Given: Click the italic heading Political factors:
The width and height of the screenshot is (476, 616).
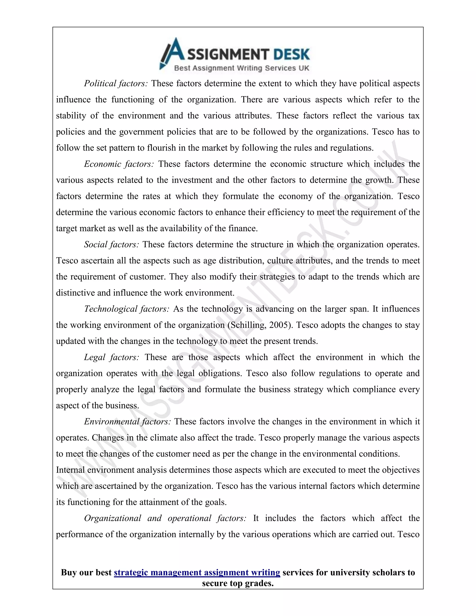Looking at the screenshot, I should (116, 83).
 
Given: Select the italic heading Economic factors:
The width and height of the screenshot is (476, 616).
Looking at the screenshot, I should (119, 164).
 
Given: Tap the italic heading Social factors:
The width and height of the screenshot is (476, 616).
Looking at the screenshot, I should (111, 244).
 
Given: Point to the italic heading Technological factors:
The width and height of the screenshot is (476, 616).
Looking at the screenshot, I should (127, 309).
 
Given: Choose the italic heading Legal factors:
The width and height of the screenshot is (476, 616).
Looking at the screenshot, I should (111, 357).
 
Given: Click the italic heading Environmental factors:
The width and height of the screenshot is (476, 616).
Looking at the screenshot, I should (127, 421).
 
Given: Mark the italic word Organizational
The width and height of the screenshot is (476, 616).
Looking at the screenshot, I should (112, 518).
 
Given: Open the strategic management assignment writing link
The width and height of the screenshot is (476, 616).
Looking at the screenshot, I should (197, 572).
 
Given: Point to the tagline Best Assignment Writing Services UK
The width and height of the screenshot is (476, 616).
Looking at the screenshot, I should (242, 68).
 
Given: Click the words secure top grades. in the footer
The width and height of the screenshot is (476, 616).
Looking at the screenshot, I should (238, 583).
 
